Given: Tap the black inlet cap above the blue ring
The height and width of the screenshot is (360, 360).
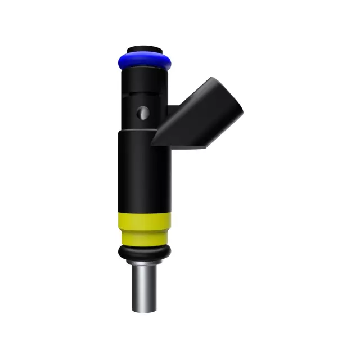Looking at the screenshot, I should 146,49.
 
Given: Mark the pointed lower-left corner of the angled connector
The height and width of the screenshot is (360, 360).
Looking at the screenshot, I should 154,141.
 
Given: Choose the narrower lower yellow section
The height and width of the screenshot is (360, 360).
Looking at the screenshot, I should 144,236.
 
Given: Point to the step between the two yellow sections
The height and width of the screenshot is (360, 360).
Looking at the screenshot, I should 144,229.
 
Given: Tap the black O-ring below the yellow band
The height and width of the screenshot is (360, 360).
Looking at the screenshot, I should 144,251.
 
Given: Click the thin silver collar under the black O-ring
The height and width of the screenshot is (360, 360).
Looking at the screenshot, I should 144,261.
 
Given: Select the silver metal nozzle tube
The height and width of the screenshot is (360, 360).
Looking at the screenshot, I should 144,287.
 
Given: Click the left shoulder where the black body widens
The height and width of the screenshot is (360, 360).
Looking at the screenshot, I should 120,132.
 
